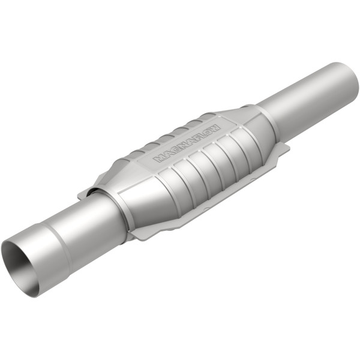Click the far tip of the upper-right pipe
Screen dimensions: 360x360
347,77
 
